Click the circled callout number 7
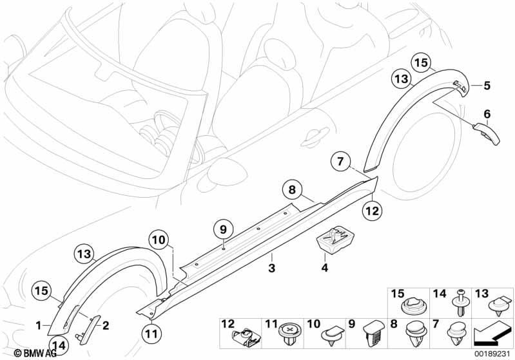342,161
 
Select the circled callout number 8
291,190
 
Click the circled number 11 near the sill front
150,334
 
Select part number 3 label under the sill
272,267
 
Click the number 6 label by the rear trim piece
487,114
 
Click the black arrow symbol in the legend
493,334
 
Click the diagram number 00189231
493,353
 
